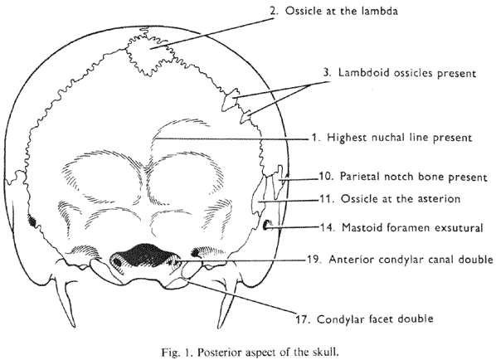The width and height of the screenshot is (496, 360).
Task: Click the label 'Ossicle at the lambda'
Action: click(x=342, y=11)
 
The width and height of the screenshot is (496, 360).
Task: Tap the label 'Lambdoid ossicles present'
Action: click(x=407, y=73)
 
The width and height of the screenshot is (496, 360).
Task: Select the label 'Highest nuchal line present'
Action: click(x=399, y=138)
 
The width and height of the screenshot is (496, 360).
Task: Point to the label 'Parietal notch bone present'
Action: click(x=413, y=177)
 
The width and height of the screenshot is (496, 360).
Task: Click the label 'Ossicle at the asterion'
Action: click(x=401, y=199)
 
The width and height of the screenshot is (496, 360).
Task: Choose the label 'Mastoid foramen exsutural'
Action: click(x=412, y=227)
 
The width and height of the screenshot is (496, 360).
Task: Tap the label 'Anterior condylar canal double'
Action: click(x=411, y=260)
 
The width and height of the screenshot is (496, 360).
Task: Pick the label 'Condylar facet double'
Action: click(x=375, y=319)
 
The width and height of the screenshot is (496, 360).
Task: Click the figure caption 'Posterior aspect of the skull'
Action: click(x=268, y=352)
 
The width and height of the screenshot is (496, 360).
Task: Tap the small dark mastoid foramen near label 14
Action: click(x=266, y=225)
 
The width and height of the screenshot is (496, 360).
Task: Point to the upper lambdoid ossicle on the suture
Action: click(x=230, y=100)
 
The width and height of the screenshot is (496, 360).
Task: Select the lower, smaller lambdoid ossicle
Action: click(x=246, y=117)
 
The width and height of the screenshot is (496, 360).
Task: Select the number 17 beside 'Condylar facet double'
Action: click(x=303, y=319)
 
